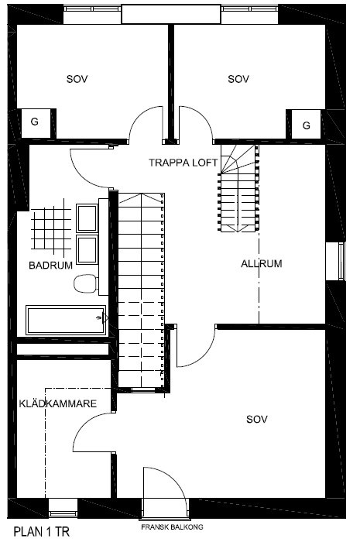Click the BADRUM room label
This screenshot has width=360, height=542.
tap(51, 266)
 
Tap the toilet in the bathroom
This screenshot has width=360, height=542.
tap(86, 284)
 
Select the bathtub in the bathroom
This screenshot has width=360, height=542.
tap(66, 320)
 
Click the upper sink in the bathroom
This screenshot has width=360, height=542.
tap(87, 218)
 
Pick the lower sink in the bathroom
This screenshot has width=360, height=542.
tap(87, 249)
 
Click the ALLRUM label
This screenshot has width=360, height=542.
tap(262, 264)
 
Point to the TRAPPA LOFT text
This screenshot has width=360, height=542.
tap(183, 163)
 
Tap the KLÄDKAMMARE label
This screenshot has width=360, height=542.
tap(58, 403)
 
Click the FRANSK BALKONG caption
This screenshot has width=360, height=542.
tap(172, 527)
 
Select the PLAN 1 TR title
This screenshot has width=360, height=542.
tap(42, 532)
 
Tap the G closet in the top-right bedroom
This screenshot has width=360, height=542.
tap(306, 125)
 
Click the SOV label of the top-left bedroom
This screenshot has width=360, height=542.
tap(77, 79)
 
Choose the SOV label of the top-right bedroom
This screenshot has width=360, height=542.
tap(238, 79)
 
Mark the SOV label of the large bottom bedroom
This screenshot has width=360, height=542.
tap(257, 420)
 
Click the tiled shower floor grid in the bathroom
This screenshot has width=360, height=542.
tap(51, 229)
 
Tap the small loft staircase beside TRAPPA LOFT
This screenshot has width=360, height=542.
tap(238, 188)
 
